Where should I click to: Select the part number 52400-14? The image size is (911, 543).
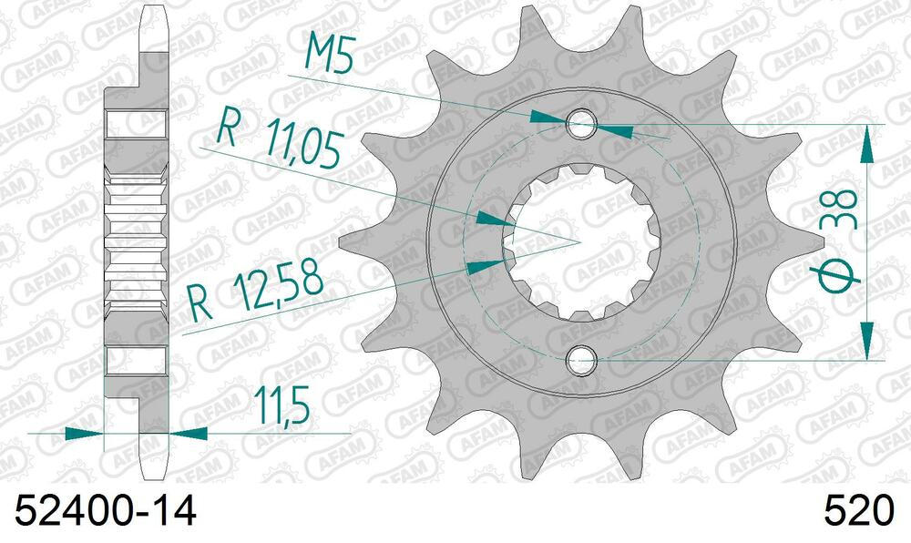(x=105, y=511)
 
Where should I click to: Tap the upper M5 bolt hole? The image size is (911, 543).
(x=581, y=124)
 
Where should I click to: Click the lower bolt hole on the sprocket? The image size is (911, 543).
(x=581, y=360)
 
